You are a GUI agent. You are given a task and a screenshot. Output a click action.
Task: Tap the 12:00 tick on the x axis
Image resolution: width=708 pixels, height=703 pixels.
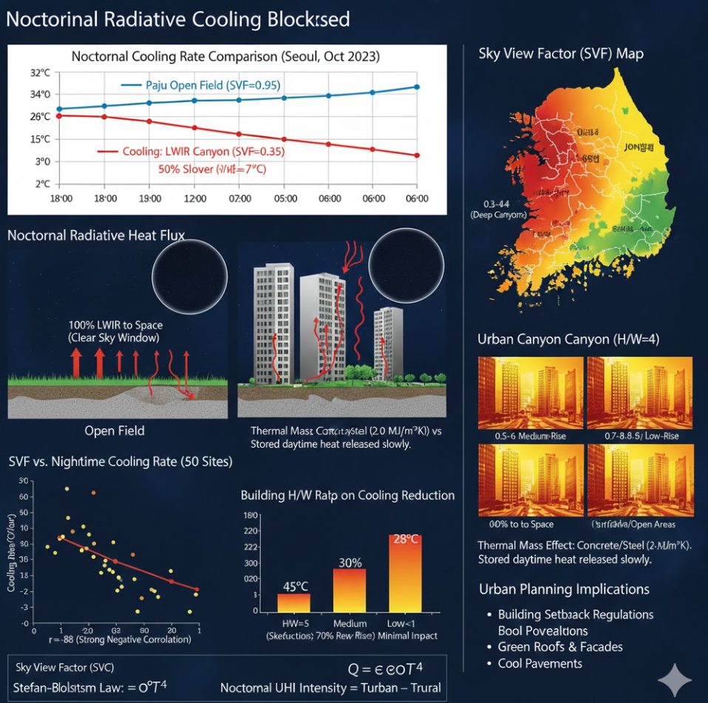point(195,199)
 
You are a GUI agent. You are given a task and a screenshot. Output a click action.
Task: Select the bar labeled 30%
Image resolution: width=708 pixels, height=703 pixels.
point(350,589)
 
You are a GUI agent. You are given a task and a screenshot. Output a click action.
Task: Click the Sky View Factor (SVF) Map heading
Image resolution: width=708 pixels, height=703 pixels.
point(561,53)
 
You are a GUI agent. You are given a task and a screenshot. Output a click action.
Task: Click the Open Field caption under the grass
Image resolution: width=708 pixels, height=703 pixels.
point(115,431)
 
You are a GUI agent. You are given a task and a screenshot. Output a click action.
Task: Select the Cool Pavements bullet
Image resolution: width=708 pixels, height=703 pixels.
point(539,663)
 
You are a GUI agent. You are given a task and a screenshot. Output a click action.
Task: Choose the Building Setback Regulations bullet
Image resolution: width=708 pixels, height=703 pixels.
point(576,614)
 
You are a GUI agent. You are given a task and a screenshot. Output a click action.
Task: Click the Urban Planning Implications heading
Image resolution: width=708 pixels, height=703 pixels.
point(564,589)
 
